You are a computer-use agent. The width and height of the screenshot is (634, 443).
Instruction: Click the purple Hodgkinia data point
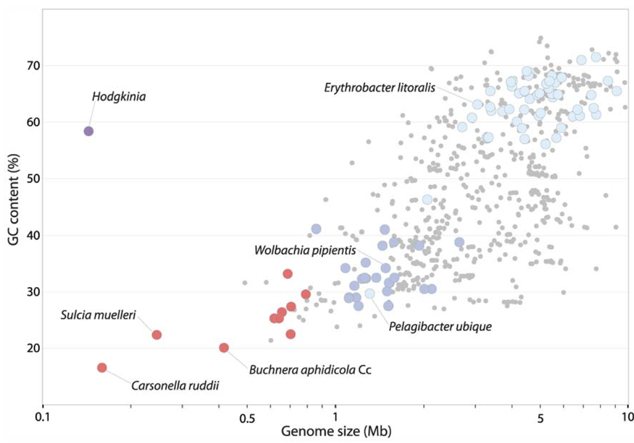pos(88,131)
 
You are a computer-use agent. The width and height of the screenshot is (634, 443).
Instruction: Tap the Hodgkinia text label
pos(119,96)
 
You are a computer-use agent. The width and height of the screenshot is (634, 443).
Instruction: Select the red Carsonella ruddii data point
pos(102,368)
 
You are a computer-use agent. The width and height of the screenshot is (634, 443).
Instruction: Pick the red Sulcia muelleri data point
pos(157,335)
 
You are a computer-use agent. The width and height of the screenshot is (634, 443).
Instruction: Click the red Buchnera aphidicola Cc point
pos(224,348)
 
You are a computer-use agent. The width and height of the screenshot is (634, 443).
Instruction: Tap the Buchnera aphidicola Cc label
pos(310,369)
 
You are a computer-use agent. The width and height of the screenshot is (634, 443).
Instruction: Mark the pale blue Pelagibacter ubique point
pos(370,294)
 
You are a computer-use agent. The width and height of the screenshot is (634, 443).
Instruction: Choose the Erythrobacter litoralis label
pos(380,87)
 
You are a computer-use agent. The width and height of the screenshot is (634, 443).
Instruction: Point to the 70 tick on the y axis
pos(24,66)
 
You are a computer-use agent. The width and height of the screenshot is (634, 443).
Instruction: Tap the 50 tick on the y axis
pos(24,179)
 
